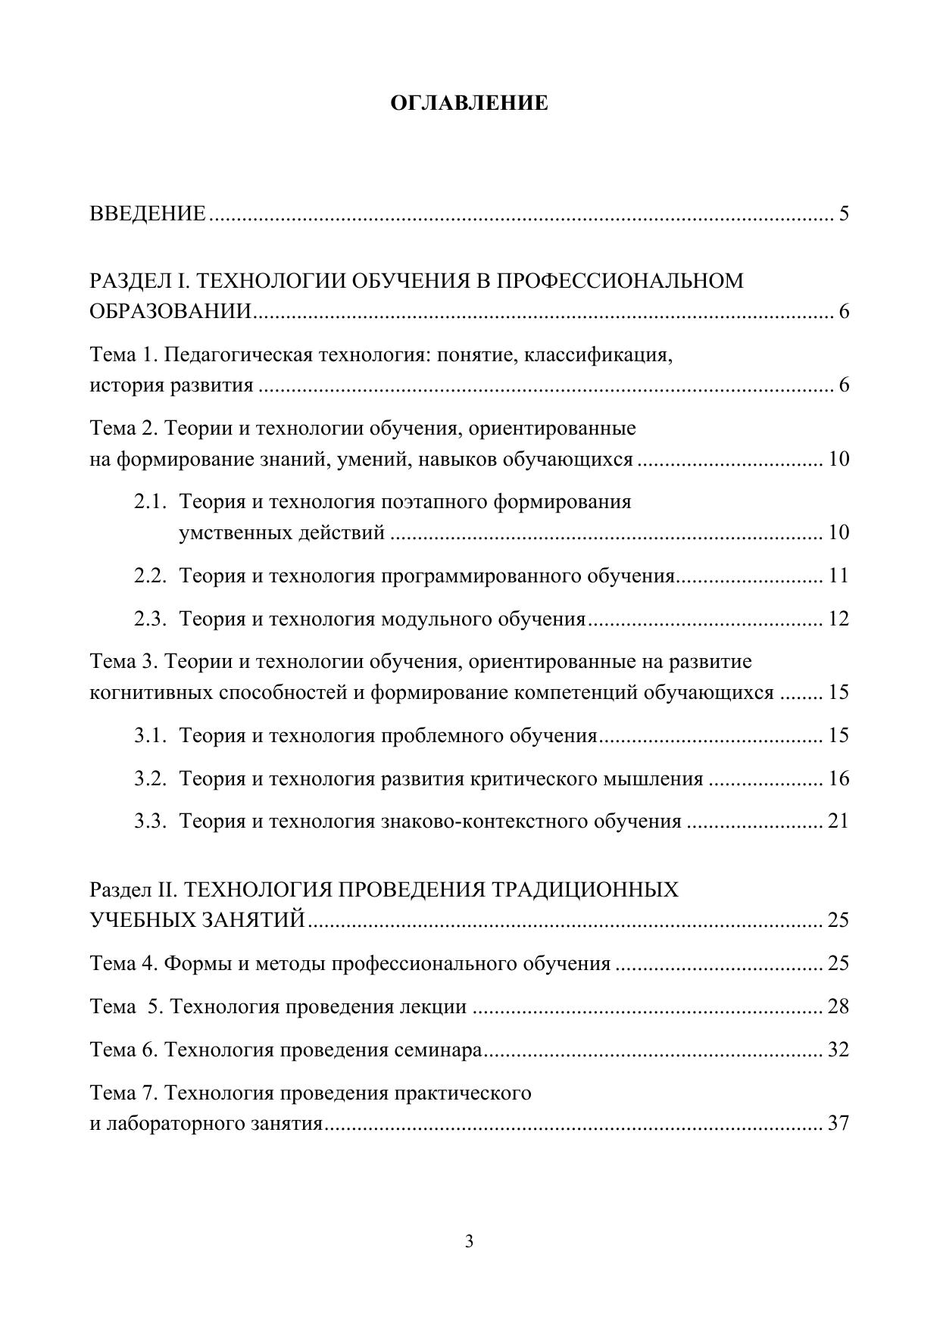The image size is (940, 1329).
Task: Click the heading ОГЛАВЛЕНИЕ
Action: (x=469, y=103)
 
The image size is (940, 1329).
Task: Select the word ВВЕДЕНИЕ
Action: (x=147, y=214)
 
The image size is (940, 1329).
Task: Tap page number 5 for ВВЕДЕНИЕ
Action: (x=843, y=214)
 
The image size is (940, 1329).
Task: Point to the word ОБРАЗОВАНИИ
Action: (x=170, y=312)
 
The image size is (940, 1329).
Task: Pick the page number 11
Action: (x=839, y=576)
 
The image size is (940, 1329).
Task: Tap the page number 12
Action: (x=839, y=619)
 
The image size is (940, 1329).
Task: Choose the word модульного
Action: (x=436, y=619)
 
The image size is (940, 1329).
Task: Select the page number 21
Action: (x=839, y=821)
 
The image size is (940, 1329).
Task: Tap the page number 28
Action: (x=839, y=1006)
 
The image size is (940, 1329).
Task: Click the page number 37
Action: (x=839, y=1123)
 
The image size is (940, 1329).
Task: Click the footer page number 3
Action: (x=469, y=1241)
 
